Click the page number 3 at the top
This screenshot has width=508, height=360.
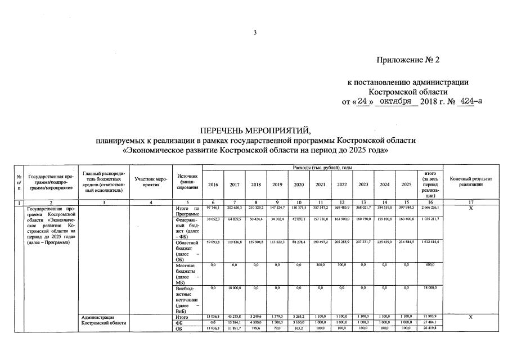click(x=254, y=33)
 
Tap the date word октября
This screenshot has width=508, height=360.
click(x=396, y=101)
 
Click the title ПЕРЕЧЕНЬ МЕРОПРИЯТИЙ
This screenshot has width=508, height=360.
click(x=255, y=131)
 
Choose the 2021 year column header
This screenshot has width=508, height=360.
click(x=320, y=184)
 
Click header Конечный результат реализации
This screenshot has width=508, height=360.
click(x=471, y=182)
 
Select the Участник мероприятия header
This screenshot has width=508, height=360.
click(x=151, y=182)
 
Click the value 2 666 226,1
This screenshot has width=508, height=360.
click(x=430, y=209)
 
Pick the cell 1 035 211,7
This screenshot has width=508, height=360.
click(x=430, y=218)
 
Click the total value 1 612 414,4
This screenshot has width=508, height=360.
click(x=430, y=242)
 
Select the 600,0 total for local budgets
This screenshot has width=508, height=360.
click(x=430, y=264)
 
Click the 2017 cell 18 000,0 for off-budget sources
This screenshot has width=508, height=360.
click(x=234, y=287)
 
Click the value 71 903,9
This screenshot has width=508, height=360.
click(x=430, y=317)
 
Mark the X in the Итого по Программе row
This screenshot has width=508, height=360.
click(x=471, y=209)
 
